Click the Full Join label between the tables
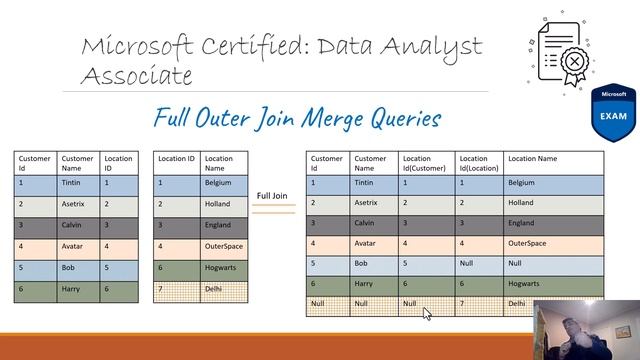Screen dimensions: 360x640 tap(274, 196)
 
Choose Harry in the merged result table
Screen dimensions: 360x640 tap(365, 283)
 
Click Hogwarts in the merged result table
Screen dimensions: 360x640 tap(526, 283)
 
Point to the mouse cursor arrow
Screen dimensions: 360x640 tap(427, 312)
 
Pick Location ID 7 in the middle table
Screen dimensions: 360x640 tap(161, 290)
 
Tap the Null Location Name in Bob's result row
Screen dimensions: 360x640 tap(515, 263)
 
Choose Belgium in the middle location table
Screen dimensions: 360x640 tap(219, 183)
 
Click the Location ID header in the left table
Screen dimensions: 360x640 tap(117, 163)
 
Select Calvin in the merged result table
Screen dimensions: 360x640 tap(366, 223)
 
